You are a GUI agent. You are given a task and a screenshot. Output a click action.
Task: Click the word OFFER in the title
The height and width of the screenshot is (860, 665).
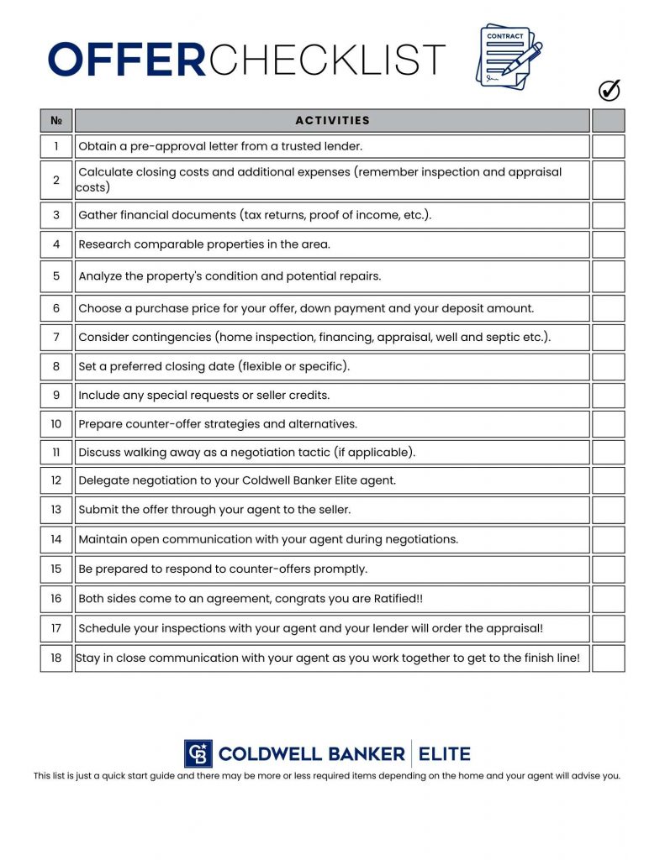tap(126, 60)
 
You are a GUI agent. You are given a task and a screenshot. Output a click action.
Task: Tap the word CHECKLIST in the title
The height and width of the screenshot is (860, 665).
tap(326, 60)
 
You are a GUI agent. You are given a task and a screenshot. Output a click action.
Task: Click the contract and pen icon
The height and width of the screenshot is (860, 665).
tap(508, 55)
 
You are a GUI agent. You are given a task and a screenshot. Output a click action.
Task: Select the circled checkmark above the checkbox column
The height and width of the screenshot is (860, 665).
tap(609, 90)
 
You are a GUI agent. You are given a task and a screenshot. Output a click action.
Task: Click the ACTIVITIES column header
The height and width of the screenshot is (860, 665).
tap(332, 120)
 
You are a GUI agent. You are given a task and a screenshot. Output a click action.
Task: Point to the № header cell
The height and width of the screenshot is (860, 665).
tap(56, 120)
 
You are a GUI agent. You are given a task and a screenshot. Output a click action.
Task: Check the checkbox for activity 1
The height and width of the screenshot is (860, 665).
tap(608, 146)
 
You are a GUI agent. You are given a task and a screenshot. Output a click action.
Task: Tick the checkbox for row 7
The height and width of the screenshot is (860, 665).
tap(608, 338)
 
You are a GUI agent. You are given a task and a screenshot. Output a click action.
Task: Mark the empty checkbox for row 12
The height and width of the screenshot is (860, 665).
tap(608, 480)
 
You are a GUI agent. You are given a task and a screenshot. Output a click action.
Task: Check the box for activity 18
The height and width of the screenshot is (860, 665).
tap(608, 658)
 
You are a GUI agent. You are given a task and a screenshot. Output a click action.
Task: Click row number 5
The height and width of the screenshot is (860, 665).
tap(56, 275)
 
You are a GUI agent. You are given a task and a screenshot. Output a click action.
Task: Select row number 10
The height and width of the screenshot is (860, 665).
tap(56, 424)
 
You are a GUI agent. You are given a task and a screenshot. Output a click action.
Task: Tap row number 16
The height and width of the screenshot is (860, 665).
tap(56, 599)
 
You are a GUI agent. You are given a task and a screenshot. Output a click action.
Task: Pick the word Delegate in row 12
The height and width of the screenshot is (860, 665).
tap(103, 480)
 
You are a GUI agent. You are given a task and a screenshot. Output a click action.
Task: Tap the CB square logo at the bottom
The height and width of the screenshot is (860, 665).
tap(198, 753)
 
